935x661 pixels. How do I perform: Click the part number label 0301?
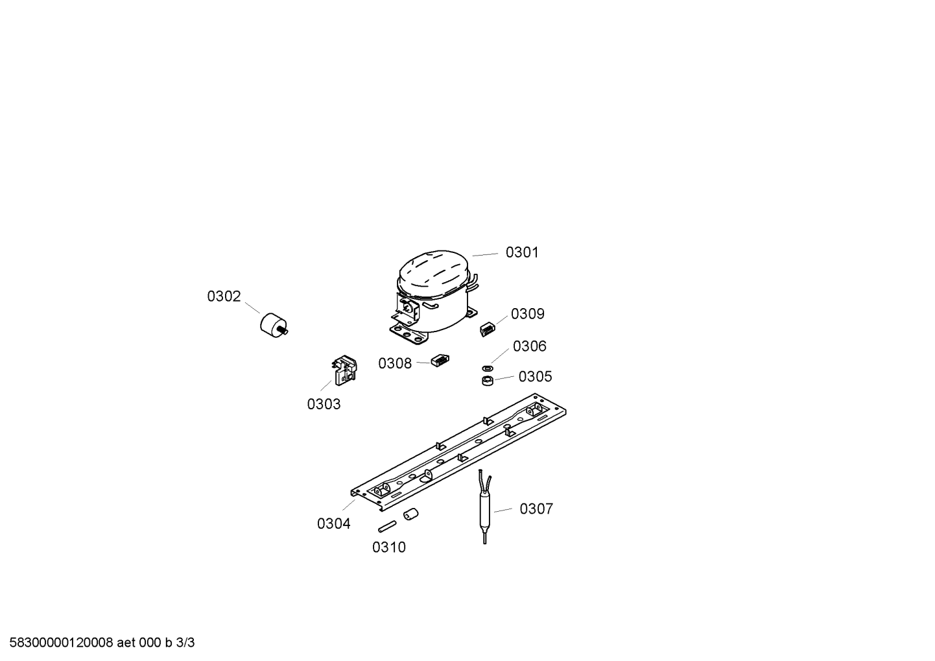[522, 252]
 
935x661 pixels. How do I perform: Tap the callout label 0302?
[224, 296]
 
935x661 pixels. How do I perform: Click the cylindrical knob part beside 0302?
[274, 325]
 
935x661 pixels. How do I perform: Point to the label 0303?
[324, 404]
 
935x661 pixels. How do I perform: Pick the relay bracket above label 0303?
[345, 370]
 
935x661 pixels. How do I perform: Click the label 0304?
[334, 523]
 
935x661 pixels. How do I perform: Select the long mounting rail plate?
[458, 452]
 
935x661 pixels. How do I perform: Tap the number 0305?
[535, 377]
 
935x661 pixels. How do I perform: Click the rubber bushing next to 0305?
[488, 381]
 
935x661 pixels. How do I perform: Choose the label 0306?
[529, 346]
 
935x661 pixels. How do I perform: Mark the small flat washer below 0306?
[488, 368]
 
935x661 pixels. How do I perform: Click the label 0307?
[536, 509]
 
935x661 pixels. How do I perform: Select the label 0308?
[395, 364]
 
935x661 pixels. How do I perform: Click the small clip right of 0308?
[440, 361]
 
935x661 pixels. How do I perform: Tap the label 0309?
[528, 314]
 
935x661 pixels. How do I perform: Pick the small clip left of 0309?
[488, 330]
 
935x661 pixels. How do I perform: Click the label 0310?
[389, 547]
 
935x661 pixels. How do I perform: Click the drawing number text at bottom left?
[102, 643]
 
